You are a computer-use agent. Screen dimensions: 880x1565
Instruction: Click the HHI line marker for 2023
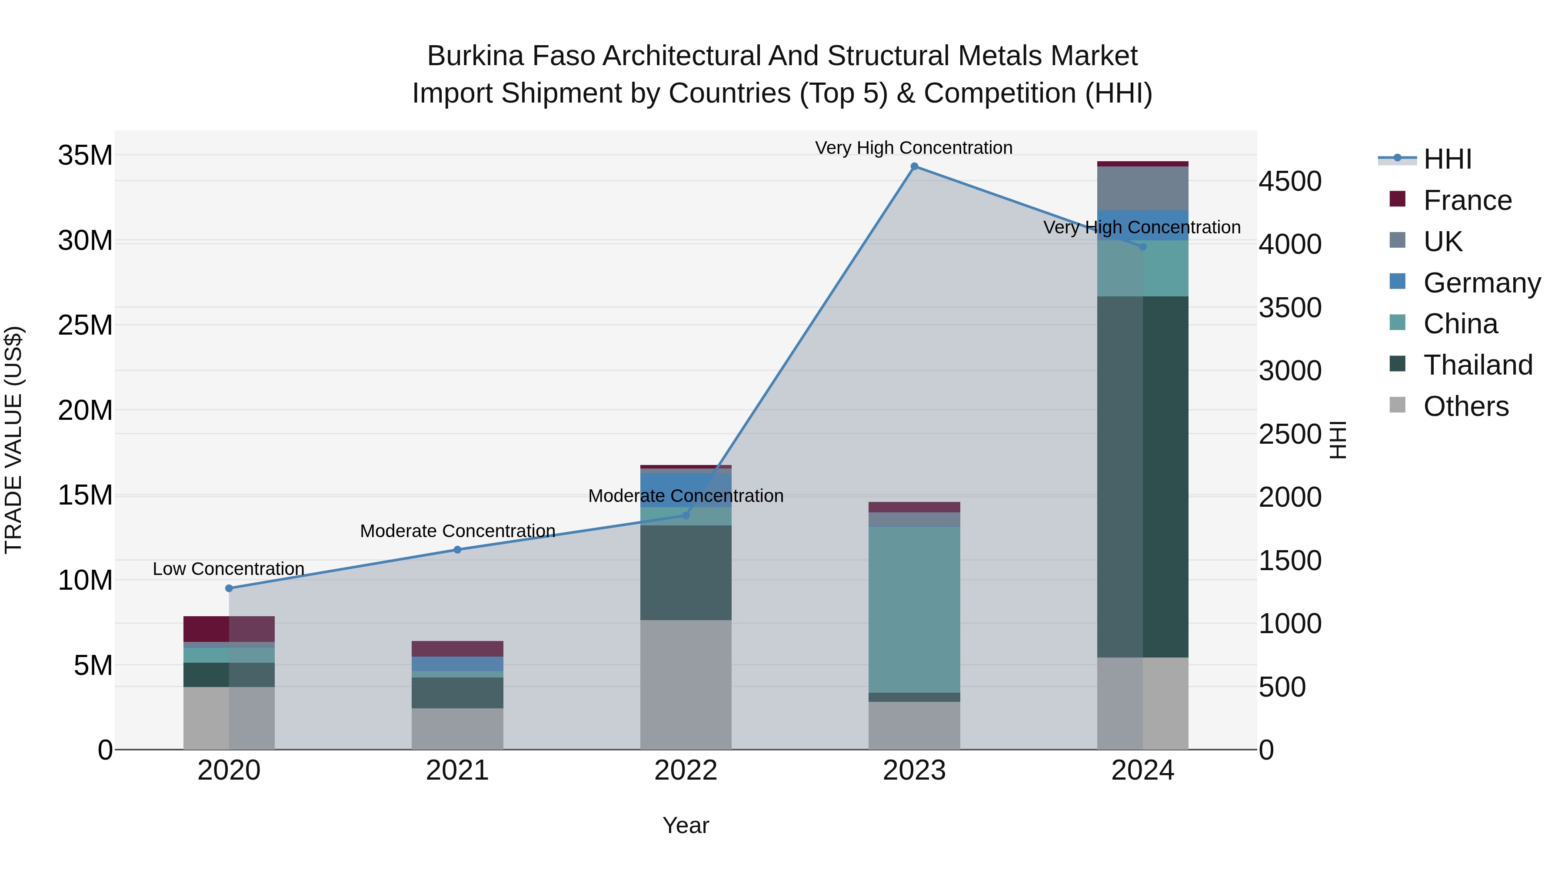(914, 166)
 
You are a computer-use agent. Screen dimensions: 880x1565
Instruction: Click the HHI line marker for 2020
(229, 588)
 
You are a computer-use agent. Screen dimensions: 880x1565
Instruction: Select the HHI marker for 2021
(457, 550)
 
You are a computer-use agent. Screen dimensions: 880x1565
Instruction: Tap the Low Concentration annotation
(228, 569)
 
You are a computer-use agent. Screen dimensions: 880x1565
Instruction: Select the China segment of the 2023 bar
(914, 609)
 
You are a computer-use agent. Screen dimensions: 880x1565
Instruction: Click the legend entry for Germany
(1481, 283)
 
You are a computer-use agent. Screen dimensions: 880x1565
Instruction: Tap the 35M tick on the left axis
(85, 156)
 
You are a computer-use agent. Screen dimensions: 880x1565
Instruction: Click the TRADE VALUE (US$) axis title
(13, 440)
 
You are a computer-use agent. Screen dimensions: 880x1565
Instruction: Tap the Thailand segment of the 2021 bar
(457, 692)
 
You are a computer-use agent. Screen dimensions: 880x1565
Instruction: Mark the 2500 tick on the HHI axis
(1290, 434)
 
